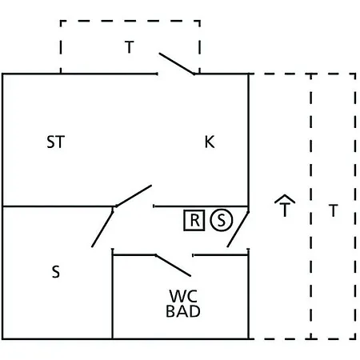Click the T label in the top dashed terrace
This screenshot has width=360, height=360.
pyautogui.click(x=130, y=47)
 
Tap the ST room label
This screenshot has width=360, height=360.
pyautogui.click(x=56, y=142)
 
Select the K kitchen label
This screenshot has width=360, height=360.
pyautogui.click(x=210, y=142)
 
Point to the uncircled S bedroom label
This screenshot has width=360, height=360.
pyautogui.click(x=56, y=272)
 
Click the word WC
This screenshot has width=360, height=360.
pyautogui.click(x=183, y=296)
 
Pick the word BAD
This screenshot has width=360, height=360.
pyautogui.click(x=183, y=311)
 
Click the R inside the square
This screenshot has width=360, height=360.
pyautogui.click(x=194, y=220)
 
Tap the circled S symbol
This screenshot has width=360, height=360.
pyautogui.click(x=222, y=220)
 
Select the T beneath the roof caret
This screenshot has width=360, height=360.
pyautogui.click(x=285, y=210)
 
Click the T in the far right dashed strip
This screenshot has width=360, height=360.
pyautogui.click(x=334, y=210)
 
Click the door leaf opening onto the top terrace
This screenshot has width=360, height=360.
pyautogui.click(x=177, y=64)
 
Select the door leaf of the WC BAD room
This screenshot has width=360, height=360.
pyautogui.click(x=173, y=266)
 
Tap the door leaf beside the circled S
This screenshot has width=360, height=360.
pyautogui.click(x=238, y=230)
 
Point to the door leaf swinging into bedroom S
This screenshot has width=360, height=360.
pyautogui.click(x=102, y=228)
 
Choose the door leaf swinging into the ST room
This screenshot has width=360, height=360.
pyautogui.click(x=134, y=196)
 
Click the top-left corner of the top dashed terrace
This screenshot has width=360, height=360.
pyautogui.click(x=61, y=21)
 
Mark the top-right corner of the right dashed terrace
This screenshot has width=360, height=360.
pyautogui.click(x=355, y=74)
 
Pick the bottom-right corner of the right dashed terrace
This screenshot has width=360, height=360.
pyautogui.click(x=355, y=339)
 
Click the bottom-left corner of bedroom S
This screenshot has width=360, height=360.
pyautogui.click(x=2, y=339)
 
